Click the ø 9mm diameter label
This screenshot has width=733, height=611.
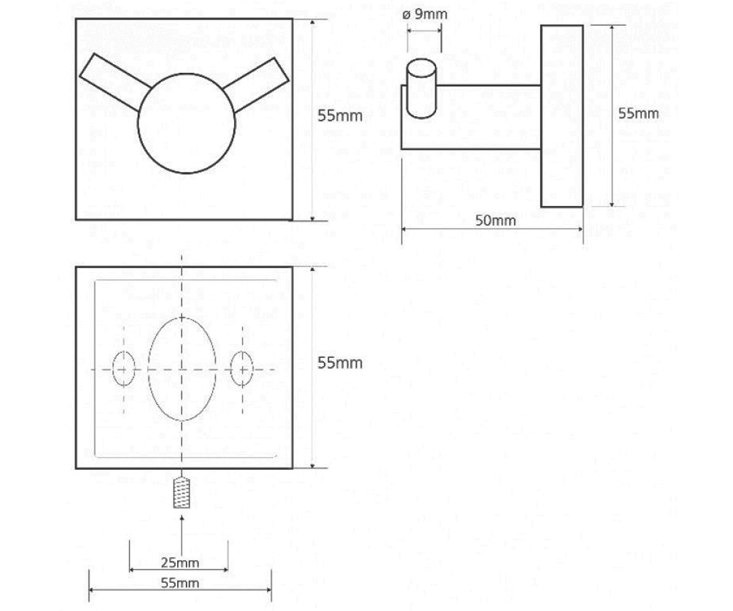[x=425, y=15]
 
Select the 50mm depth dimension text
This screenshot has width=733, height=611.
[x=495, y=221]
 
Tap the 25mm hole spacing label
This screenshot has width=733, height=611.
[x=180, y=563]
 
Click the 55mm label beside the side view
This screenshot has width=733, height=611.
[x=638, y=114]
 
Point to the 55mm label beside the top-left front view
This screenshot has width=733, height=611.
[x=340, y=116]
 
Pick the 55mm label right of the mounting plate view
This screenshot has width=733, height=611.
[x=340, y=363]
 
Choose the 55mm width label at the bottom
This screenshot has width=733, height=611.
[x=180, y=583]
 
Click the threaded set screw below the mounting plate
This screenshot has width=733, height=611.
[x=181, y=492]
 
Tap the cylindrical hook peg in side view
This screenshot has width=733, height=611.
[x=421, y=89]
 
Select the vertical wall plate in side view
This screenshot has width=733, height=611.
[x=562, y=116]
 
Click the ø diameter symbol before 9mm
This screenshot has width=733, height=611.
[x=407, y=15]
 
